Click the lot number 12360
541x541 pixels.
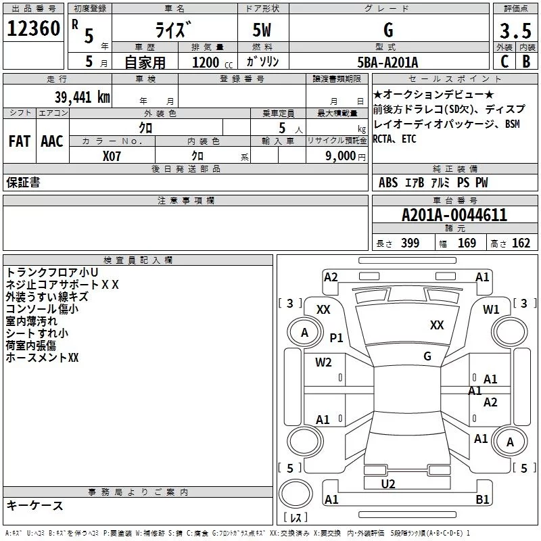point(33,28)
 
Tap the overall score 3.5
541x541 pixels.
point(515,30)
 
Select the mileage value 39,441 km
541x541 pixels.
point(82,97)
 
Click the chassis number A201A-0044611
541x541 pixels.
point(454,215)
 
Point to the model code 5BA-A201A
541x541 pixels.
point(387,62)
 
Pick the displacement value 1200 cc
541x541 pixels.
point(212,62)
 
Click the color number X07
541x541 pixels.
point(112,156)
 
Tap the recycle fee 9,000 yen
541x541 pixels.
point(345,156)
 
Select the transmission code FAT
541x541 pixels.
point(20,141)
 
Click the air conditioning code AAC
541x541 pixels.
point(52,141)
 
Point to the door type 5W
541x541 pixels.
point(262,30)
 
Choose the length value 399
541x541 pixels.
point(410,243)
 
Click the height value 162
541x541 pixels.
point(521,243)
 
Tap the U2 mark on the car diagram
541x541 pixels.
point(388,484)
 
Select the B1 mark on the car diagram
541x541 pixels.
point(482,499)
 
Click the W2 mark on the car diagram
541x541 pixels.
point(323,362)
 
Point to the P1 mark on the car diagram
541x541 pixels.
point(336,337)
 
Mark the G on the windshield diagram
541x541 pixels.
point(427,356)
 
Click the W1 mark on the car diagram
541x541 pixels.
point(491,310)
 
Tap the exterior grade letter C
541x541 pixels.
point(504,62)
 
